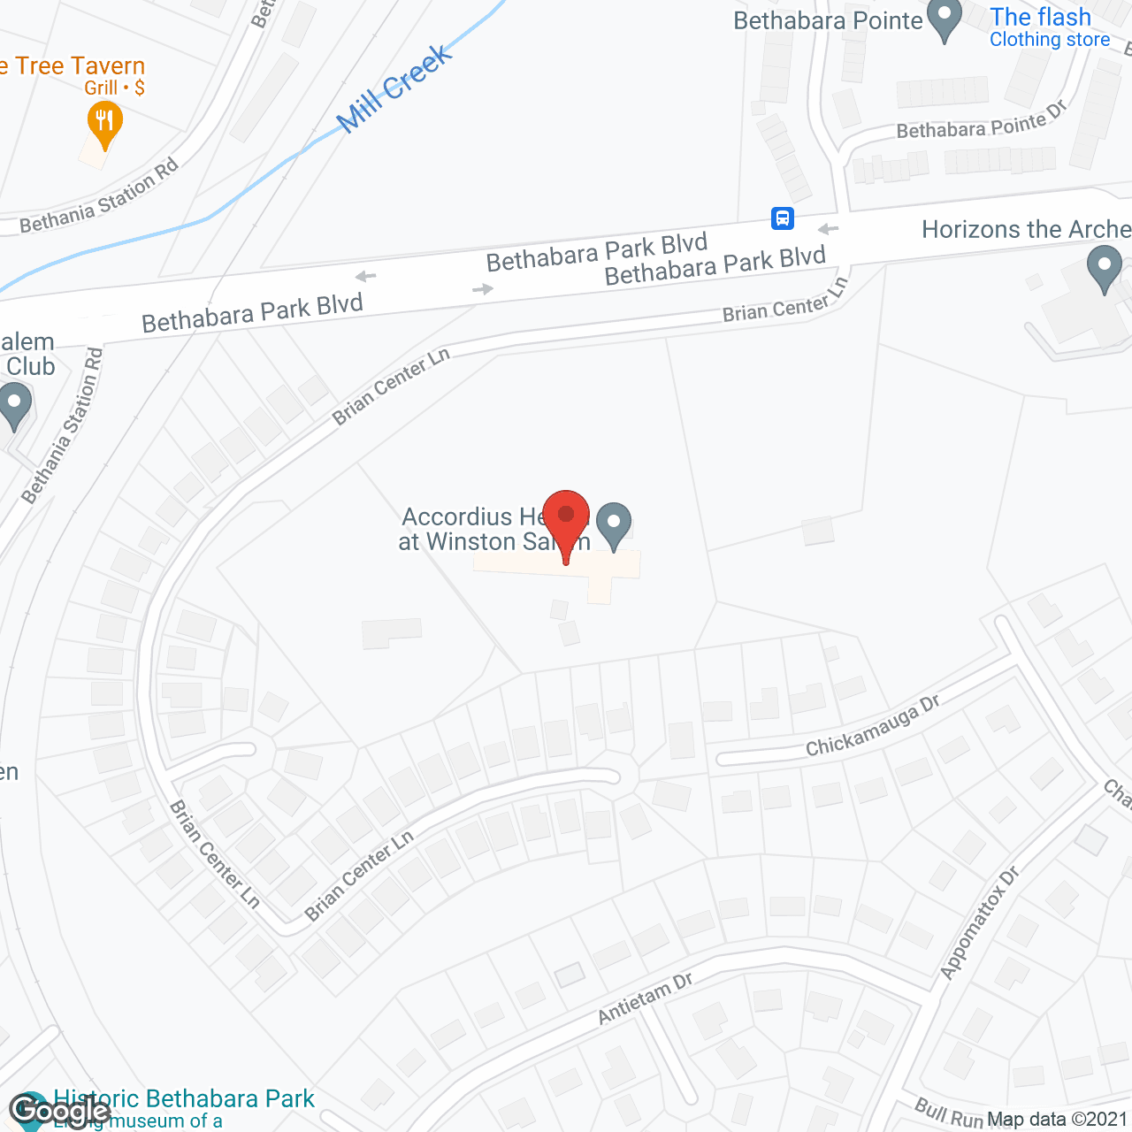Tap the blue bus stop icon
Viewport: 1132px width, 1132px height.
[x=783, y=218]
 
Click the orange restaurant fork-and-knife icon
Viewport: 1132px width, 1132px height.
[x=104, y=122]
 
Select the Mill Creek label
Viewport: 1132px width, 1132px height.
[x=395, y=89]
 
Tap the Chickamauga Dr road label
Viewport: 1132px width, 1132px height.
[x=872, y=725]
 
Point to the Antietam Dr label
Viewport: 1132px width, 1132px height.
[x=645, y=998]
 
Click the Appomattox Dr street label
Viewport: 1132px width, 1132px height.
[x=980, y=923]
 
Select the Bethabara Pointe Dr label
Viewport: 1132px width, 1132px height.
[x=982, y=121]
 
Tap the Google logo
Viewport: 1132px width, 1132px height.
[x=59, y=1111]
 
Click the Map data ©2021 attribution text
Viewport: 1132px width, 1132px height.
[x=1057, y=1120]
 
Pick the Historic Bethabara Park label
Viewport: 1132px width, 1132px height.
[x=184, y=1099]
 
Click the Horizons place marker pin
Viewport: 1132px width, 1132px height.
[x=1104, y=267]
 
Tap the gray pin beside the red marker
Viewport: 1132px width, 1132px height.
[x=614, y=524]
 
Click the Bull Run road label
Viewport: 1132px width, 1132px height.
[x=949, y=1113]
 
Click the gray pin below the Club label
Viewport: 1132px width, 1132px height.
[x=14, y=405]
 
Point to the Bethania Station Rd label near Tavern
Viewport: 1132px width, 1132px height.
[x=99, y=195]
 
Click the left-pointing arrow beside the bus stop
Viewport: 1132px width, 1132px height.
[x=828, y=230]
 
